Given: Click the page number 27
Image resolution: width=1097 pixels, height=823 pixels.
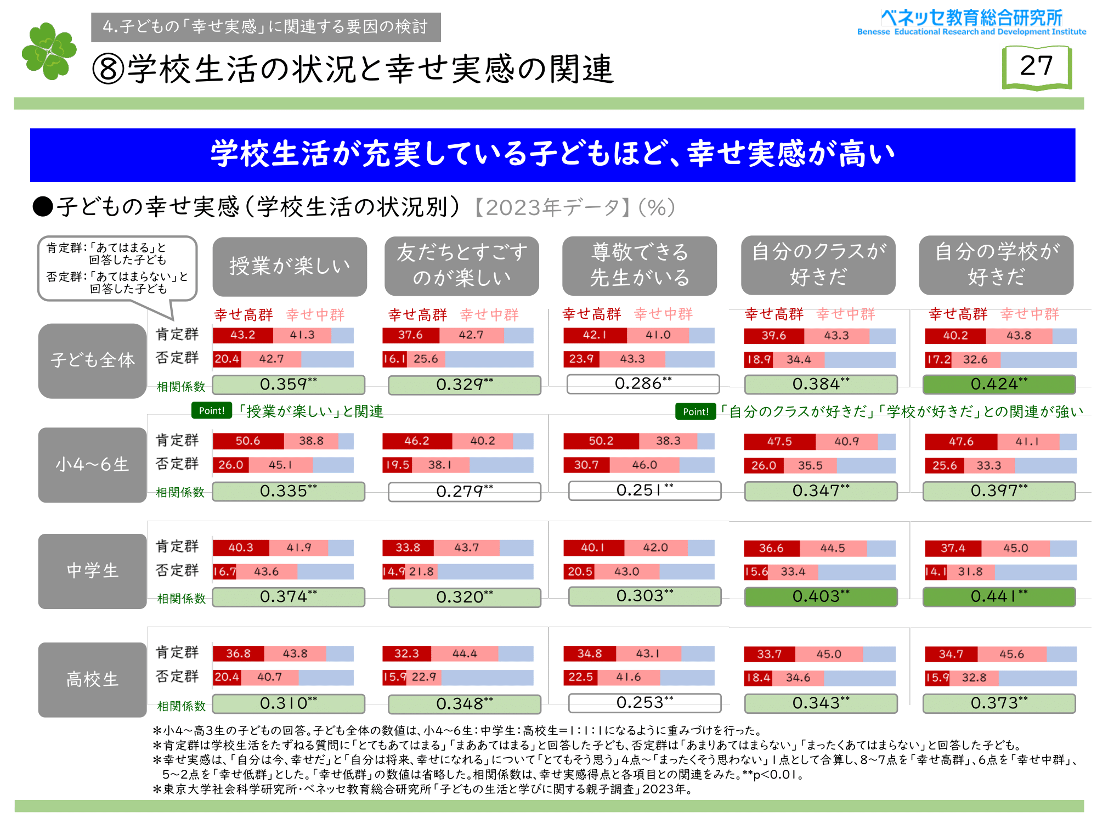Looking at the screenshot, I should [x=1036, y=66].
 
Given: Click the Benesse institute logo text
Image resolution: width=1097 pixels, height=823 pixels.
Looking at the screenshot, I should [x=971, y=22].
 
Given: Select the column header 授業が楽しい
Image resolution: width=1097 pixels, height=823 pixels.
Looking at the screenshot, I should [x=290, y=266].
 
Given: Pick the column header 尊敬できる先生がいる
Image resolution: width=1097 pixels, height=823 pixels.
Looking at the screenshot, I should [x=639, y=266].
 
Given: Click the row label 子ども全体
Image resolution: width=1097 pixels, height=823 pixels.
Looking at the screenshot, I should [x=92, y=360].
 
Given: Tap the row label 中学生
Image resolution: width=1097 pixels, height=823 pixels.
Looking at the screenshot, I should [x=92, y=571].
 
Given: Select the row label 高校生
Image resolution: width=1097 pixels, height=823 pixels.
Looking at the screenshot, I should [x=92, y=679].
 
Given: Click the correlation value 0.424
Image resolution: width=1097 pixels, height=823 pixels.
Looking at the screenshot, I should [x=999, y=384].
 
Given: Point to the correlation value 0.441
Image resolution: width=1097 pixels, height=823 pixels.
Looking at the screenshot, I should [x=999, y=596].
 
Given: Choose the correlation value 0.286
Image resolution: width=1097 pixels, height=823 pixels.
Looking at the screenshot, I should [x=643, y=384].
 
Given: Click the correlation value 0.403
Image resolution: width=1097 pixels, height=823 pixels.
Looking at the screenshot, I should [x=821, y=596].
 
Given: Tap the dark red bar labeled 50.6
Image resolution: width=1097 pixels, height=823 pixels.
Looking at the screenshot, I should [x=248, y=441].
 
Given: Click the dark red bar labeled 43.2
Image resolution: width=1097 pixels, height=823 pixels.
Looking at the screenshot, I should [x=243, y=335].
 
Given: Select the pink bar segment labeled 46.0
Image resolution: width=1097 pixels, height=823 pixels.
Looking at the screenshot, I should [x=644, y=465].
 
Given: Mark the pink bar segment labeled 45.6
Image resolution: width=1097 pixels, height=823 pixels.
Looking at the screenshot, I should [x=1011, y=654].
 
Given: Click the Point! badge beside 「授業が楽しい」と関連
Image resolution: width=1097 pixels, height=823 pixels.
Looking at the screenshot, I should [x=212, y=410].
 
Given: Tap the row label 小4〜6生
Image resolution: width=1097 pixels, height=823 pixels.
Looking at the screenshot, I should [x=92, y=465].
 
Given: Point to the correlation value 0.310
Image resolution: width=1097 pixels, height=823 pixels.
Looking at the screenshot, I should [x=289, y=703].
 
